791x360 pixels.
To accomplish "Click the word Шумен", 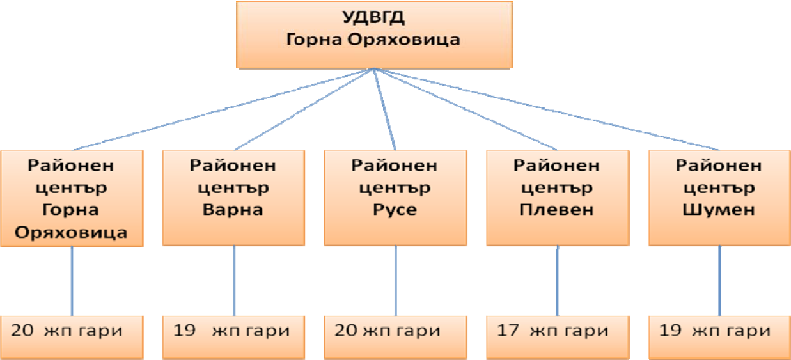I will click(x=719, y=210).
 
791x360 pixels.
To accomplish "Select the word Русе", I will click(x=395, y=210).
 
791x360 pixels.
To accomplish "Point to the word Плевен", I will click(x=557, y=210).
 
